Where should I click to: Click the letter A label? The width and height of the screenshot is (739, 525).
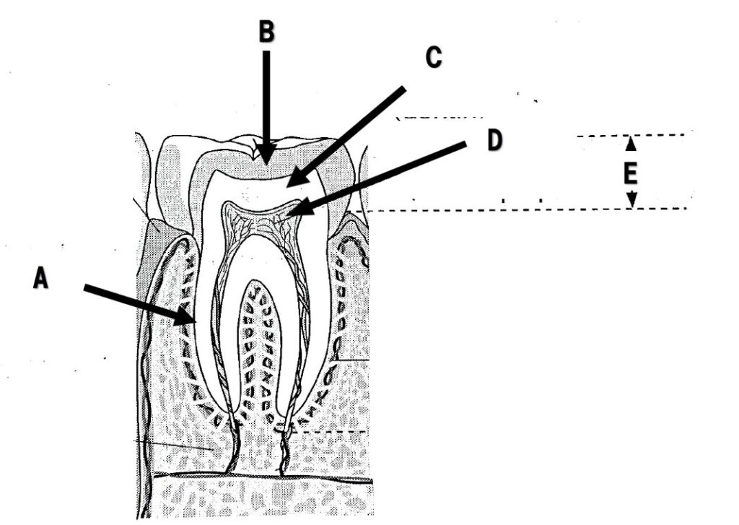(41, 277)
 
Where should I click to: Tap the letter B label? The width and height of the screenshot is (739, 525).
(267, 31)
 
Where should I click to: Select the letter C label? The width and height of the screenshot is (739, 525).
(432, 58)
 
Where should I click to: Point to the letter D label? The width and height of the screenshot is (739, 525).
(494, 141)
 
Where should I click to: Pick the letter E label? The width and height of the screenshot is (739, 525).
(631, 173)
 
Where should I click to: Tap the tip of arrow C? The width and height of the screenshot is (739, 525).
(288, 186)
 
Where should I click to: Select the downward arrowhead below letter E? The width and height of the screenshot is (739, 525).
(631, 202)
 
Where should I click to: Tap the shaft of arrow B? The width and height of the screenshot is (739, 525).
(267, 94)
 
